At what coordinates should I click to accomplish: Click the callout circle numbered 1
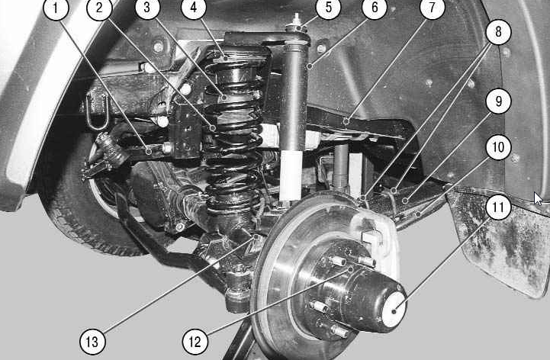(x=56, y=8)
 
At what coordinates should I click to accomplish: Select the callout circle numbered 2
(x=99, y=8)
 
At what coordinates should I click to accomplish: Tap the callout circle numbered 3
(x=147, y=8)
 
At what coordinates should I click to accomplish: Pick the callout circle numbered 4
(x=194, y=8)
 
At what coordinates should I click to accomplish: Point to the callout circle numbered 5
(x=328, y=8)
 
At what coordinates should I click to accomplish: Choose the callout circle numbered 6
(x=375, y=8)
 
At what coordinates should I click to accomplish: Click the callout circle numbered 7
(x=432, y=8)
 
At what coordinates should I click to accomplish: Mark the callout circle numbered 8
(x=498, y=32)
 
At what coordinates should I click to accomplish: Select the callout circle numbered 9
(x=498, y=101)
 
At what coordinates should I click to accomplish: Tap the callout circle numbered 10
(x=498, y=147)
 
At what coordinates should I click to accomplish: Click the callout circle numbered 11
(x=498, y=207)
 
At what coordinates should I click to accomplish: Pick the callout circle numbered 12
(x=195, y=342)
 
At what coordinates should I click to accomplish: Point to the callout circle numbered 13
(x=92, y=342)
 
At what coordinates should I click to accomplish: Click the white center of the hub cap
(x=394, y=310)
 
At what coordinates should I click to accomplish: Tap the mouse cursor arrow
(x=538, y=198)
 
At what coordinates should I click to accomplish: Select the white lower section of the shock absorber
(x=291, y=175)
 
